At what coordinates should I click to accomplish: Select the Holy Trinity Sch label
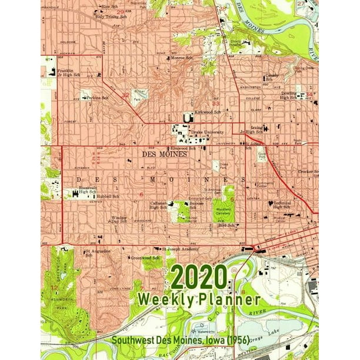point(110,17)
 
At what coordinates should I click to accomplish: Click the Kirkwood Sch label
point(208,112)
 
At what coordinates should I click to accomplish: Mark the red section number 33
point(215,104)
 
